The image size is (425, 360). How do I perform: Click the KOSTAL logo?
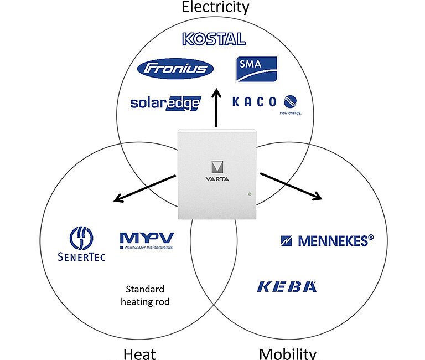213,39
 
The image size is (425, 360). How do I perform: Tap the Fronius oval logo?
175,69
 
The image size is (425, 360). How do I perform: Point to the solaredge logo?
165,102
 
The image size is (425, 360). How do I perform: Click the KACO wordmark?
254,101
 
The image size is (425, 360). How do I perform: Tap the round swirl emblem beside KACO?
290,101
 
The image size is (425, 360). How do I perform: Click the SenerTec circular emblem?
81,238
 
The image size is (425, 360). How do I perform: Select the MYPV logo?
146,239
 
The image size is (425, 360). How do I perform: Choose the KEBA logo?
287,286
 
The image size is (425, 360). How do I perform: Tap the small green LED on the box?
250,194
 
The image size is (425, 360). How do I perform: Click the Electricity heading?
215,7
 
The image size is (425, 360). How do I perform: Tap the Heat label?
139,354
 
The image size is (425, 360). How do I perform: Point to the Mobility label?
287,354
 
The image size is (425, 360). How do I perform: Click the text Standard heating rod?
146,295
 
